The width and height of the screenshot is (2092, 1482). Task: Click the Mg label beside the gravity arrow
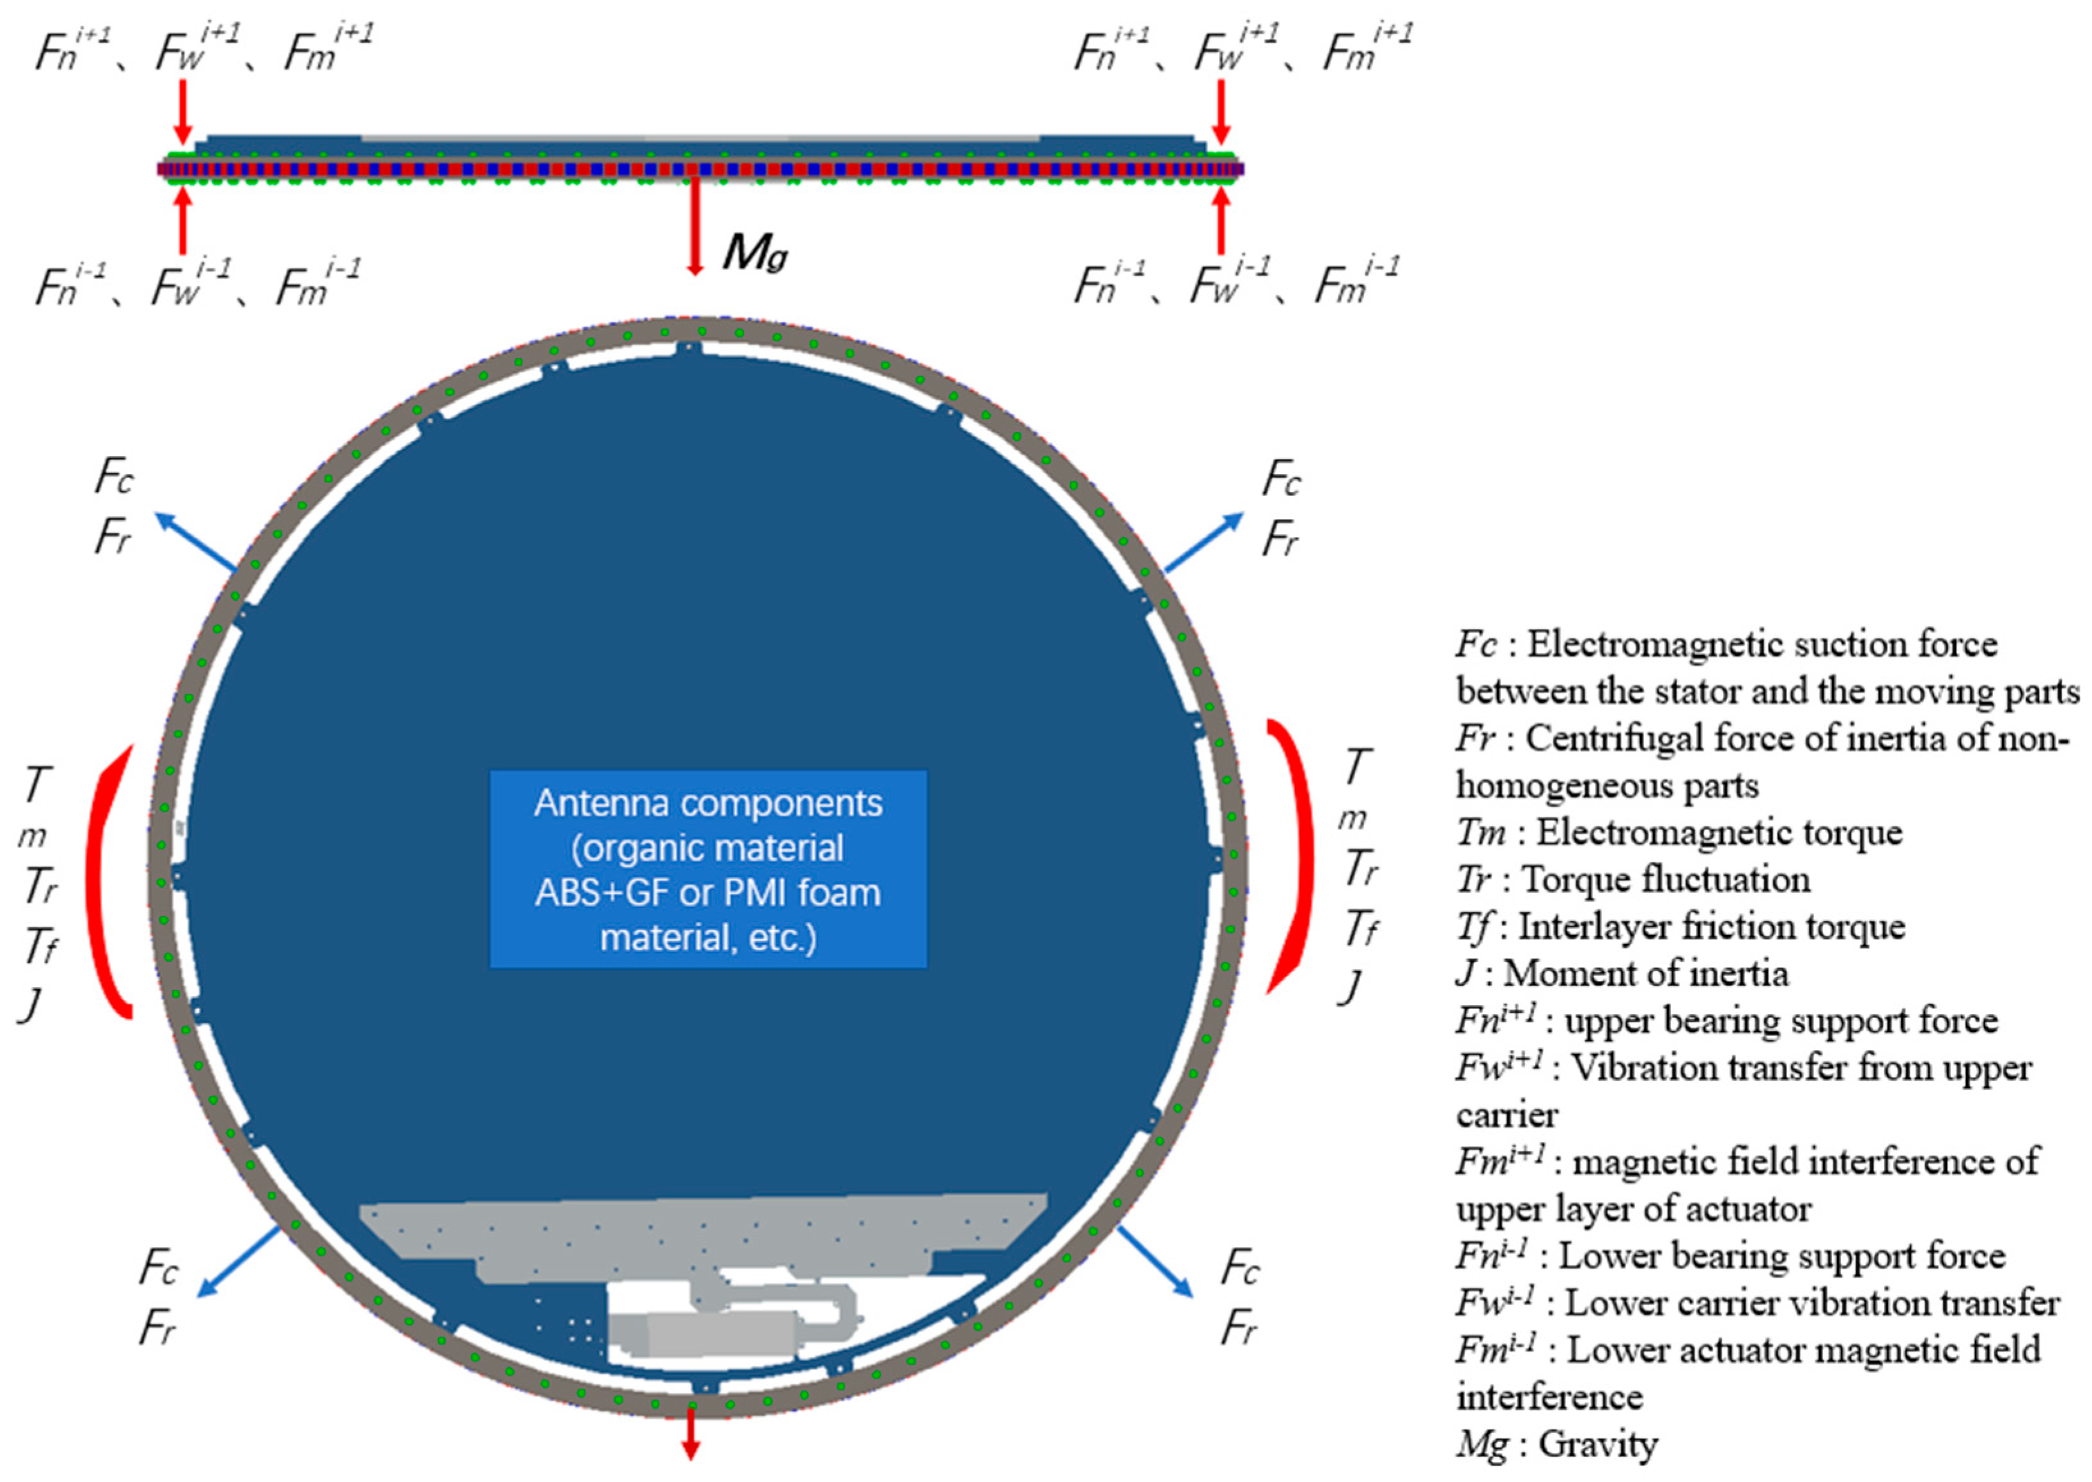tap(755, 252)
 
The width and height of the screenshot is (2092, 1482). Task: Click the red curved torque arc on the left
tap(105, 881)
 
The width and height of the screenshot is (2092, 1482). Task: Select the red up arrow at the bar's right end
tap(1220, 219)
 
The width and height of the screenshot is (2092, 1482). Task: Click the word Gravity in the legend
tap(1597, 1444)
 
